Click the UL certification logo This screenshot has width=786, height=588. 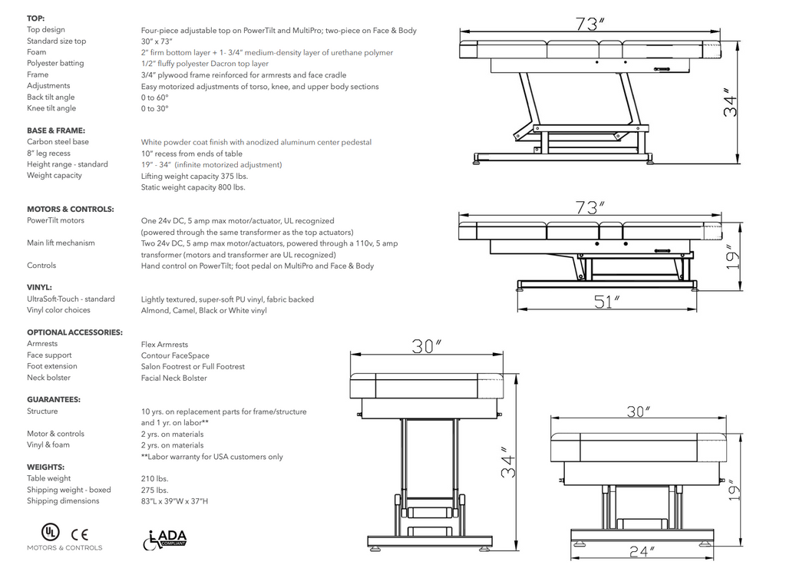pyautogui.click(x=49, y=532)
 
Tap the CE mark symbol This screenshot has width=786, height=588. pyautogui.click(x=80, y=533)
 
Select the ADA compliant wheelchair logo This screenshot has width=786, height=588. pyautogui.click(x=165, y=539)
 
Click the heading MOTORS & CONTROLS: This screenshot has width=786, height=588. pyautogui.click(x=71, y=209)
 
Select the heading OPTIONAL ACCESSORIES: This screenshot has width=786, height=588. pyautogui.click(x=74, y=332)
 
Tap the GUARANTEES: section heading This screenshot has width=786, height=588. pyautogui.click(x=54, y=400)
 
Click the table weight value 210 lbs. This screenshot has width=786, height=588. pyautogui.click(x=154, y=478)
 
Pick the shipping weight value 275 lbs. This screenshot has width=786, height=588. pyautogui.click(x=154, y=490)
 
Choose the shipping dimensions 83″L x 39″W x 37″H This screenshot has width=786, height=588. pyautogui.click(x=174, y=501)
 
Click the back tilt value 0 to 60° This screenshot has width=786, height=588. pyautogui.click(x=154, y=97)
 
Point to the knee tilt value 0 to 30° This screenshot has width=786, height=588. pyautogui.click(x=154, y=109)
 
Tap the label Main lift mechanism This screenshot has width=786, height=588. pyautogui.click(x=61, y=243)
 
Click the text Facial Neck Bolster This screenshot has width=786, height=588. pyautogui.click(x=173, y=378)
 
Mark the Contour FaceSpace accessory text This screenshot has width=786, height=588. pyautogui.click(x=175, y=356)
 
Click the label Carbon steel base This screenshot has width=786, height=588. pyautogui.click(x=58, y=142)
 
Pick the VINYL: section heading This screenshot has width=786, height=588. pyautogui.click(x=39, y=288)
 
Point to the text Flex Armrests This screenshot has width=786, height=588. pyautogui.click(x=164, y=345)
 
